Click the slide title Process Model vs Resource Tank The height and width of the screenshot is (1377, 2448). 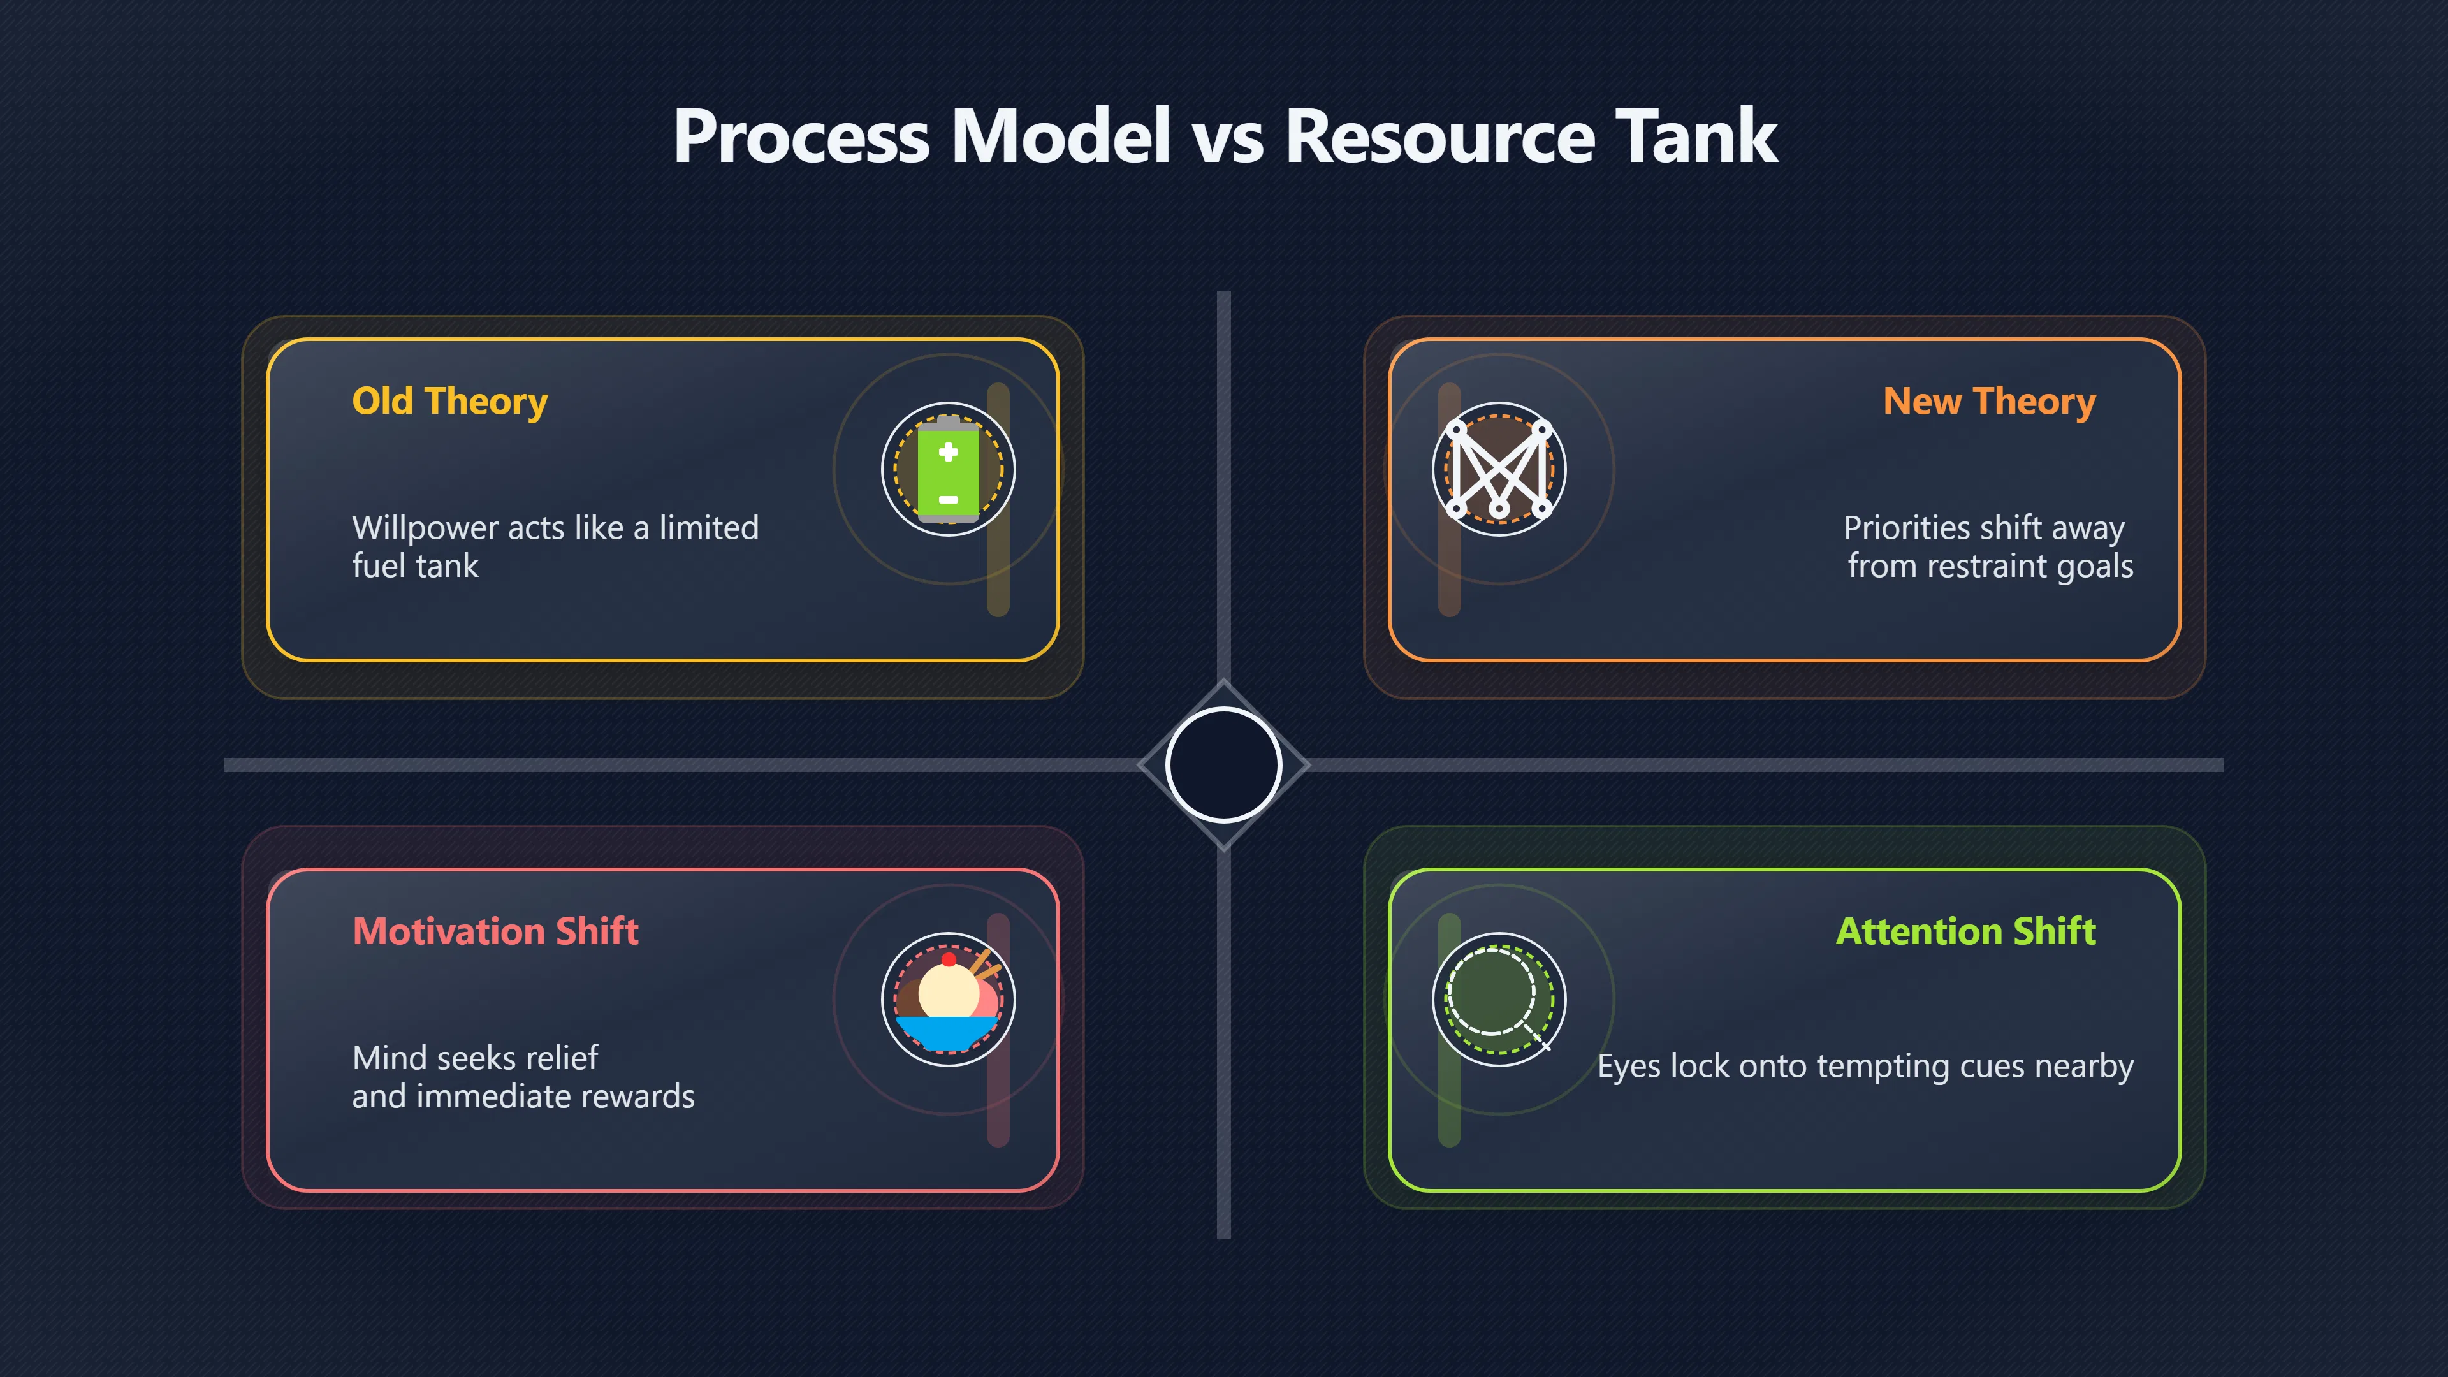[x=1224, y=136]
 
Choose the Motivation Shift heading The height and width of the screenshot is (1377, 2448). [x=495, y=931]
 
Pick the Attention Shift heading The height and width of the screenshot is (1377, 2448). [x=1965, y=931]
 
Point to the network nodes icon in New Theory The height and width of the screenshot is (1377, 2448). [x=1499, y=469]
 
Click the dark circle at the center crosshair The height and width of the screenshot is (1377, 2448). [x=1224, y=765]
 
